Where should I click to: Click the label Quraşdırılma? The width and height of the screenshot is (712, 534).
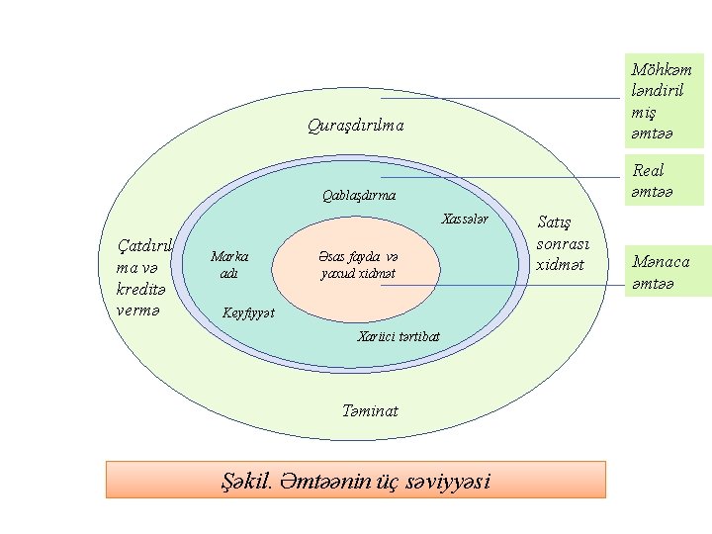[x=355, y=127]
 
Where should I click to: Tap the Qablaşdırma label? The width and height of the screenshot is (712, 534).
[x=359, y=195]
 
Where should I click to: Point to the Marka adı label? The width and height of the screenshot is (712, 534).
[x=229, y=264]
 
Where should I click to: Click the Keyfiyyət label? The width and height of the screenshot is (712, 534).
[x=247, y=313]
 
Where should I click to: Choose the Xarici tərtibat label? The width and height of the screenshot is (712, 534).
[x=398, y=336]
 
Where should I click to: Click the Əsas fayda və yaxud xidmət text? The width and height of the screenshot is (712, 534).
[x=358, y=263]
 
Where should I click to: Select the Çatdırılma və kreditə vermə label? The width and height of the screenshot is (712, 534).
[x=144, y=278]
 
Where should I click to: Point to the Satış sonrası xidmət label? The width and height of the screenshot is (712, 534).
[x=562, y=243]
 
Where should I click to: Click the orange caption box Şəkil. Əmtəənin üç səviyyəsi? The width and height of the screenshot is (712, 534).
[x=356, y=481]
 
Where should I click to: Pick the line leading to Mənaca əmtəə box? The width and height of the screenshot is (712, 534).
[x=504, y=286]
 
